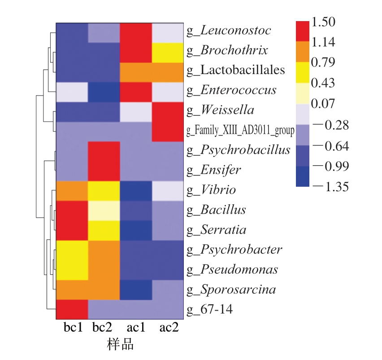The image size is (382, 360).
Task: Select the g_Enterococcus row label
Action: [231, 90]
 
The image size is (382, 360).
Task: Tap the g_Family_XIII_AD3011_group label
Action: [240, 131]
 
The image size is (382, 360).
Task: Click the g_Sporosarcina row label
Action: [230, 290]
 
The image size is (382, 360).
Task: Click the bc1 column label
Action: [73, 327]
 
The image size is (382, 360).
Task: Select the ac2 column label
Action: [169, 327]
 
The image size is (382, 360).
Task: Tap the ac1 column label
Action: [137, 327]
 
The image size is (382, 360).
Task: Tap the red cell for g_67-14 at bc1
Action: [72, 309]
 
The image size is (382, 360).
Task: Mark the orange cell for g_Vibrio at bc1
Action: [72, 190]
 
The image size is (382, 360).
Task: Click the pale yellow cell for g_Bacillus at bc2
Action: [104, 210]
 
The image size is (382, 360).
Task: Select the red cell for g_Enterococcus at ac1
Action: [136, 90]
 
